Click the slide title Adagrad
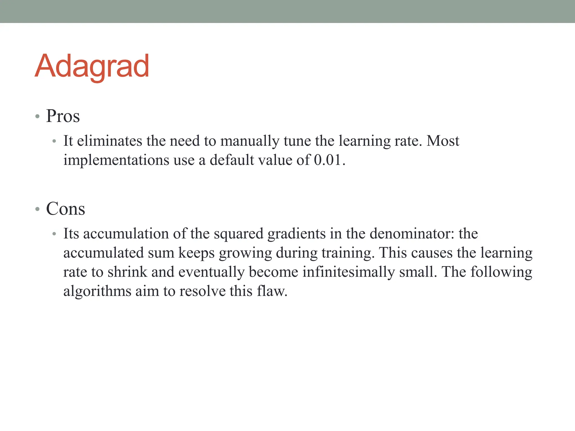pyautogui.click(x=92, y=67)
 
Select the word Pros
pyautogui.click(x=63, y=116)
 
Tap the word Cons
pyautogui.click(x=65, y=209)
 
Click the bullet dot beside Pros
pyautogui.click(x=37, y=116)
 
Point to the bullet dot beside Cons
pyautogui.click(x=37, y=209)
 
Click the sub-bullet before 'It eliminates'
pyautogui.click(x=54, y=141)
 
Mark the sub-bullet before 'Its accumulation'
pyautogui.click(x=54, y=234)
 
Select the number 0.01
pyautogui.click(x=327, y=160)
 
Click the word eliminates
pyautogui.click(x=109, y=141)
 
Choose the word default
pyautogui.click(x=232, y=160)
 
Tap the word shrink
pyautogui.click(x=127, y=272)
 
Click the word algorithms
pyautogui.click(x=97, y=291)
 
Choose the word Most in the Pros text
pyautogui.click(x=443, y=141)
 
